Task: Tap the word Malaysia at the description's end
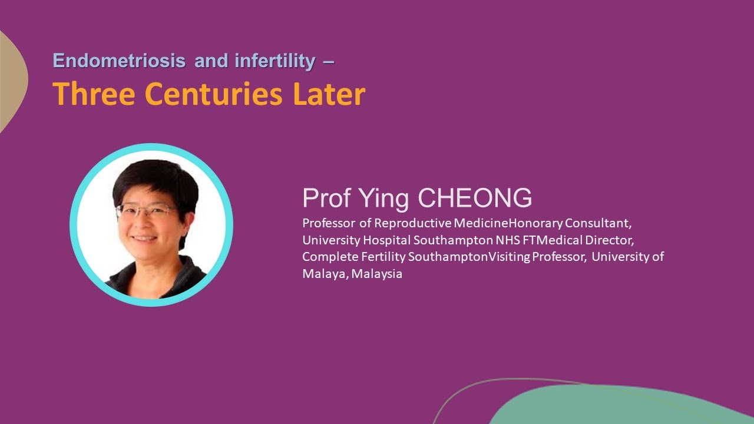pos(377,273)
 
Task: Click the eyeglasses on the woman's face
pos(146,211)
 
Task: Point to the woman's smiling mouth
pos(145,238)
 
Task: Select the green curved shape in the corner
pos(619,406)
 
